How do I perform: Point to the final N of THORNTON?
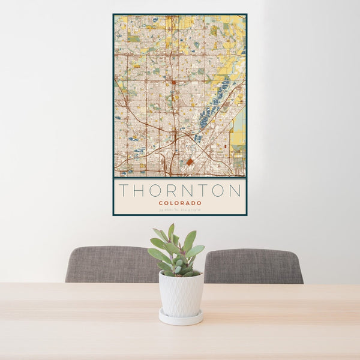(x=236, y=191)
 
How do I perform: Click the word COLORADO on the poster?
(x=180, y=203)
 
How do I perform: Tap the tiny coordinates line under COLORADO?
(x=180, y=209)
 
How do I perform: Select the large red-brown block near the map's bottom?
(x=190, y=162)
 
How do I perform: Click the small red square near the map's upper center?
(x=173, y=82)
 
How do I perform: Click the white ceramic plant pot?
(x=181, y=294)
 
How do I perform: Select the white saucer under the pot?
(x=181, y=318)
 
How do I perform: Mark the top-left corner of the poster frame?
(x=113, y=14)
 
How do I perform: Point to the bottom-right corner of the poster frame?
(x=246, y=215)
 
